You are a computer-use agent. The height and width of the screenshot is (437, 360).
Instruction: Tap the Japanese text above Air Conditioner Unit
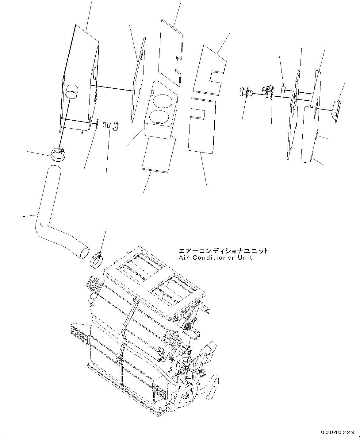tap(224, 251)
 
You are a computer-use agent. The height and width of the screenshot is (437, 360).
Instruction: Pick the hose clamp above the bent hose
tap(58, 154)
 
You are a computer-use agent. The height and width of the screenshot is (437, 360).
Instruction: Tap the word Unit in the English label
tap(245, 258)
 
